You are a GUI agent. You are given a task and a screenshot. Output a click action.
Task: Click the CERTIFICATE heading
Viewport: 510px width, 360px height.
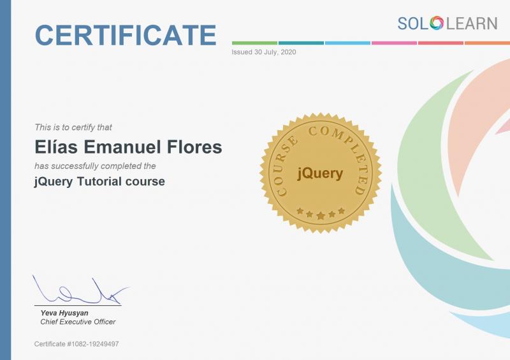click(x=126, y=35)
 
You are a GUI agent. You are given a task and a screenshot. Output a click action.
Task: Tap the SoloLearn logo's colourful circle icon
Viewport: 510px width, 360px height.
click(x=437, y=24)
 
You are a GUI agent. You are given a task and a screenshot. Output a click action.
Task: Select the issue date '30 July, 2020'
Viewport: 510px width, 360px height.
click(x=275, y=52)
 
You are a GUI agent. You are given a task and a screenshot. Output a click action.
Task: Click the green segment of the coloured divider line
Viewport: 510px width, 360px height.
click(x=254, y=43)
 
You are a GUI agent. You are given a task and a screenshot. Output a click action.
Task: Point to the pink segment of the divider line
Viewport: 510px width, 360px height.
click(x=394, y=43)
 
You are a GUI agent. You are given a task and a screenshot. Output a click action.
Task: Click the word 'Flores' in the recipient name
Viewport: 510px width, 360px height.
click(x=194, y=147)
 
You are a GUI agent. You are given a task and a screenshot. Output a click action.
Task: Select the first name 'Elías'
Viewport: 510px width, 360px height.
click(x=56, y=147)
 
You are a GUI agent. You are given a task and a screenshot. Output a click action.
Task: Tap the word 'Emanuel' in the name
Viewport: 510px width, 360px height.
click(x=122, y=147)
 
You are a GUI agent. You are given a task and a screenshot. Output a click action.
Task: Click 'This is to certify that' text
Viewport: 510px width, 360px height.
click(x=73, y=127)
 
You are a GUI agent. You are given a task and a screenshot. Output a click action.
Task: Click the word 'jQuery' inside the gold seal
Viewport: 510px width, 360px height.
click(x=320, y=173)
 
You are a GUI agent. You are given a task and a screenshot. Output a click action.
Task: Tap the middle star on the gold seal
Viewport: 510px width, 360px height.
click(x=321, y=215)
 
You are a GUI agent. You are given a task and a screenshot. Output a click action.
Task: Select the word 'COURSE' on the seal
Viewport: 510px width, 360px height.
click(x=282, y=166)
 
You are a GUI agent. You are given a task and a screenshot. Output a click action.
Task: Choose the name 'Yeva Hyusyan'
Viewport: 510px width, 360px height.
click(x=64, y=313)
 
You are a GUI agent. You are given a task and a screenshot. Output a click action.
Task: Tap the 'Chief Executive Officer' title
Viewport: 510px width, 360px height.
click(x=78, y=322)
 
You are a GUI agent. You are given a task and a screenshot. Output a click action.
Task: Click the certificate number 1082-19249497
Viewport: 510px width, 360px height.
click(x=93, y=343)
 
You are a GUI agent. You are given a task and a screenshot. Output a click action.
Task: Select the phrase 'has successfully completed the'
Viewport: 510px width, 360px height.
click(x=95, y=166)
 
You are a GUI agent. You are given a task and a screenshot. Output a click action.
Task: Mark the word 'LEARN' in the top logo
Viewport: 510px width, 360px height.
click(x=472, y=24)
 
